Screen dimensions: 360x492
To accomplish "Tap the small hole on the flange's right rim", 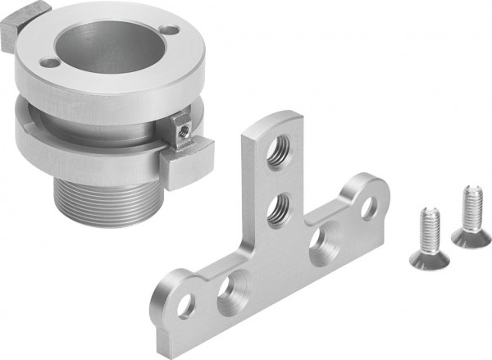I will (x=170, y=30).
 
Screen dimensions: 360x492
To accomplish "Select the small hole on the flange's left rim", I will (x=49, y=63).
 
